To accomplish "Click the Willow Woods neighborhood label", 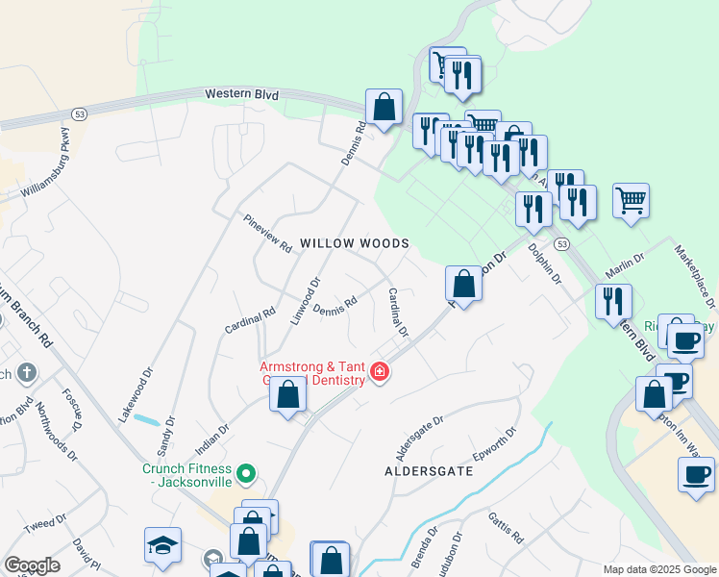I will point(355,244).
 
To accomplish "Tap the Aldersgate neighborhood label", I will point(429,472).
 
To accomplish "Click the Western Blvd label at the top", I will point(243,94).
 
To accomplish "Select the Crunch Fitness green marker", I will point(247,473).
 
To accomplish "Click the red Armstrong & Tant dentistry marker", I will point(380,371).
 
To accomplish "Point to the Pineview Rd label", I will point(267,234).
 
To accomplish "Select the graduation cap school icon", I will point(162,545).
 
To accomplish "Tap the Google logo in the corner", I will point(32,565).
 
